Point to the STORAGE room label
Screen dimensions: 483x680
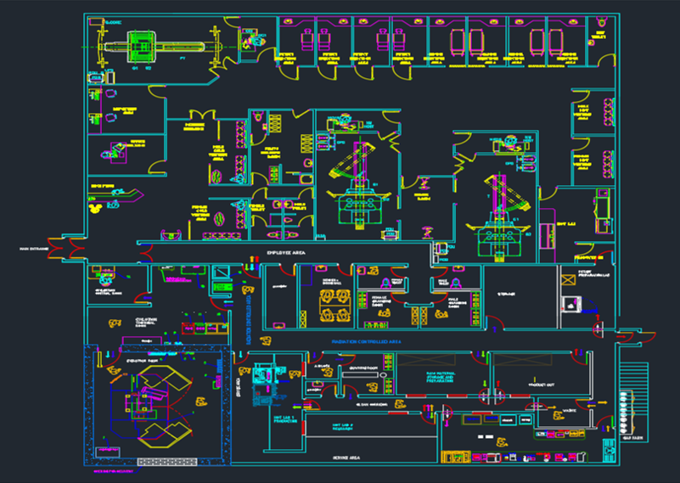507,295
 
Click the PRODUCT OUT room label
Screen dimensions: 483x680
541,385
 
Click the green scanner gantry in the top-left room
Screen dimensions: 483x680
140,46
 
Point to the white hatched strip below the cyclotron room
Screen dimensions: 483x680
158,463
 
